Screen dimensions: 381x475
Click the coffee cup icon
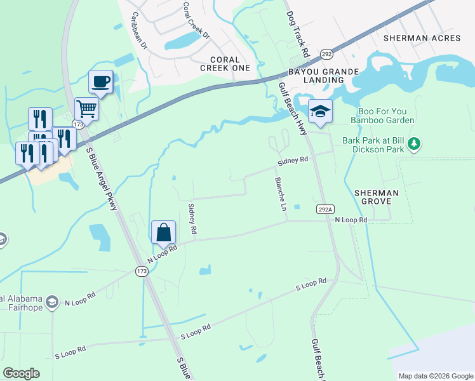point(101,81)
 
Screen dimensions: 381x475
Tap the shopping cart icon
point(86,109)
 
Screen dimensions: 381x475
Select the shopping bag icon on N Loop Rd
point(164,232)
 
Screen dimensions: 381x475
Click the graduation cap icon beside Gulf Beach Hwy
point(321,111)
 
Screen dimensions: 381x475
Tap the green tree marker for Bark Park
point(414,144)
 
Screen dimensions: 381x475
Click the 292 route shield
point(326,53)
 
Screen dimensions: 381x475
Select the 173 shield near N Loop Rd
point(142,271)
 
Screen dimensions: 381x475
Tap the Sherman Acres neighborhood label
point(421,38)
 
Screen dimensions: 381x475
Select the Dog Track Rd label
point(297,32)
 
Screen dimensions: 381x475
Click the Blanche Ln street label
point(280,194)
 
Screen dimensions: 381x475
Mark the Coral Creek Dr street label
point(194,19)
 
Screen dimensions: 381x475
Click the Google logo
point(21,373)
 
